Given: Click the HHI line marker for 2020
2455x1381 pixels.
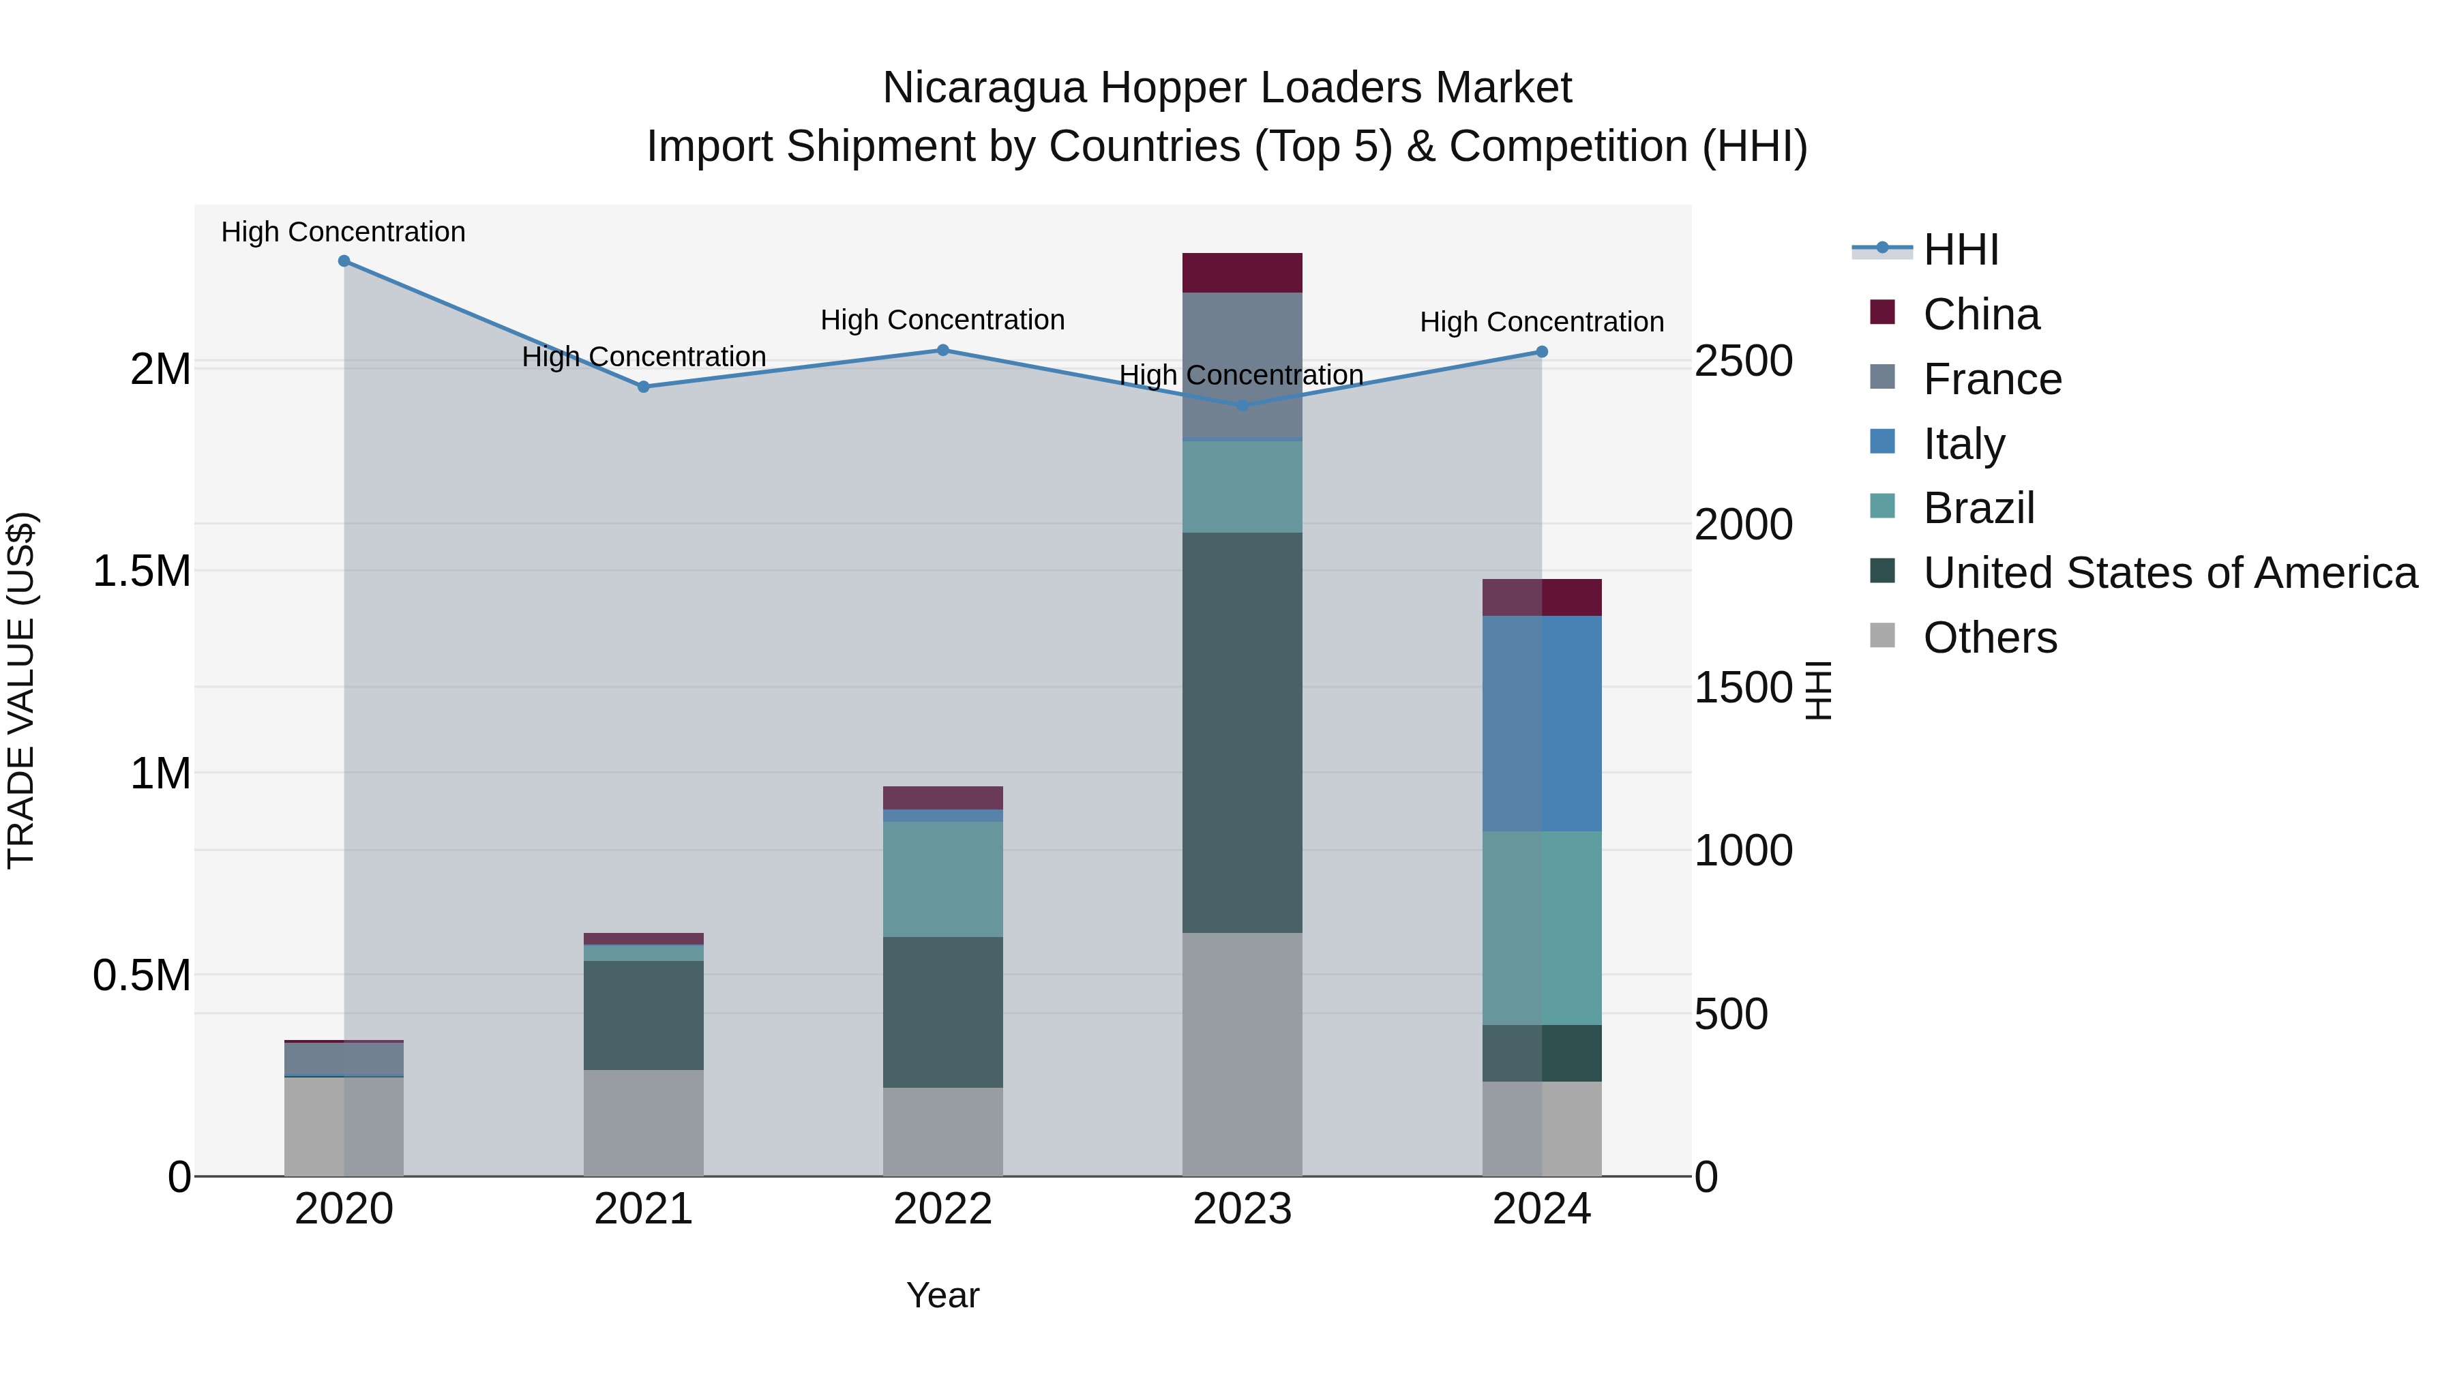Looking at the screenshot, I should (344, 261).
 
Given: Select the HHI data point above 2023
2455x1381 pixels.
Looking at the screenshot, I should (1242, 405).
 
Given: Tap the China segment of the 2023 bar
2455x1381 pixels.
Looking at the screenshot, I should (1242, 273).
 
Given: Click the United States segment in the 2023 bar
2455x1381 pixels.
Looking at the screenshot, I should (1242, 732).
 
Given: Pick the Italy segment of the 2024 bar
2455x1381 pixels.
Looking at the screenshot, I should (1541, 724).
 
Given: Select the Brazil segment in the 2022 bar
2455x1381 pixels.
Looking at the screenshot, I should (942, 879).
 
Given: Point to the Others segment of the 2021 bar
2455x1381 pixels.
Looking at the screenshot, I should (643, 1122).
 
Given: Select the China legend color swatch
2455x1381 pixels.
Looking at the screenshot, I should (1882, 312).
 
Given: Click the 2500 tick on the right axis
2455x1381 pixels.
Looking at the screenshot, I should (1743, 361).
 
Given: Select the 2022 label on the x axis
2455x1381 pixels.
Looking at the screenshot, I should (942, 1208).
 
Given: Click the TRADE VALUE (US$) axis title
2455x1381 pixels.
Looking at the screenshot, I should (21, 690).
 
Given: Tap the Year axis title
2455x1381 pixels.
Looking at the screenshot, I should (942, 1295).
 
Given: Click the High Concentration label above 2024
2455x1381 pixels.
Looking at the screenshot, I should (1541, 322).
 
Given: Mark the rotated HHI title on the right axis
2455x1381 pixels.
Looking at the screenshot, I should (1818, 690).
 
